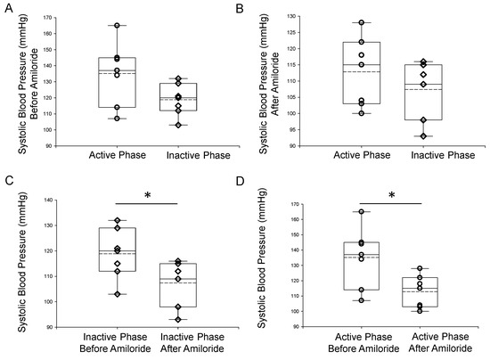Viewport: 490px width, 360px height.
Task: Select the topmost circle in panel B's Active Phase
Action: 361,23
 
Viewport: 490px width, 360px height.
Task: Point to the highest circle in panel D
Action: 361,212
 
